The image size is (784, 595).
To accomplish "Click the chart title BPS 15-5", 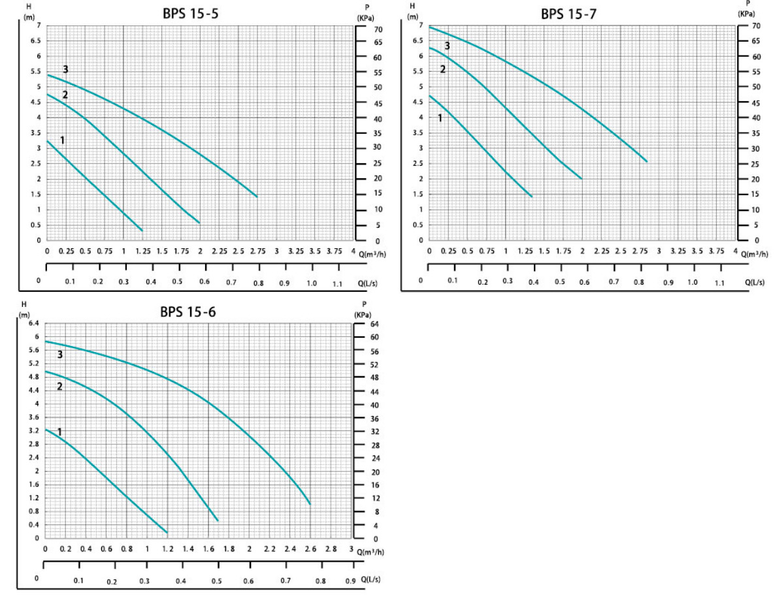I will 190,14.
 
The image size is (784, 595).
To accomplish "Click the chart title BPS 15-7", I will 568,14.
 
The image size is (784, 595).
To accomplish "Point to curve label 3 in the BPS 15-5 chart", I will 65,69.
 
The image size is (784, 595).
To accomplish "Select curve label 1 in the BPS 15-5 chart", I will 62,140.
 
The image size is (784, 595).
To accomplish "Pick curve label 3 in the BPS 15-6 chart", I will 59,355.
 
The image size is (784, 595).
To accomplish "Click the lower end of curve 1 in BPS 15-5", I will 142,231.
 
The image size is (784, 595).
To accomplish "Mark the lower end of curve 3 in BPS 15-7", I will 647,161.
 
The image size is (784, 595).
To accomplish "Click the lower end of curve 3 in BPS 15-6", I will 310,504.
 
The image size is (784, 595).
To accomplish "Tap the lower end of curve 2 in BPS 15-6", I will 218,521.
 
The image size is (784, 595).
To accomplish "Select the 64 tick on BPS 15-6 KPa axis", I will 365,324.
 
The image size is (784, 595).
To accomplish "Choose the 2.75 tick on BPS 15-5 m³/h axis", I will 257,251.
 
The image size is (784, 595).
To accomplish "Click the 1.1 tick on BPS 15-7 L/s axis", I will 719,282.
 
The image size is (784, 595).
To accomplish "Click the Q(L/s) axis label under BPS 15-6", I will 370,579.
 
